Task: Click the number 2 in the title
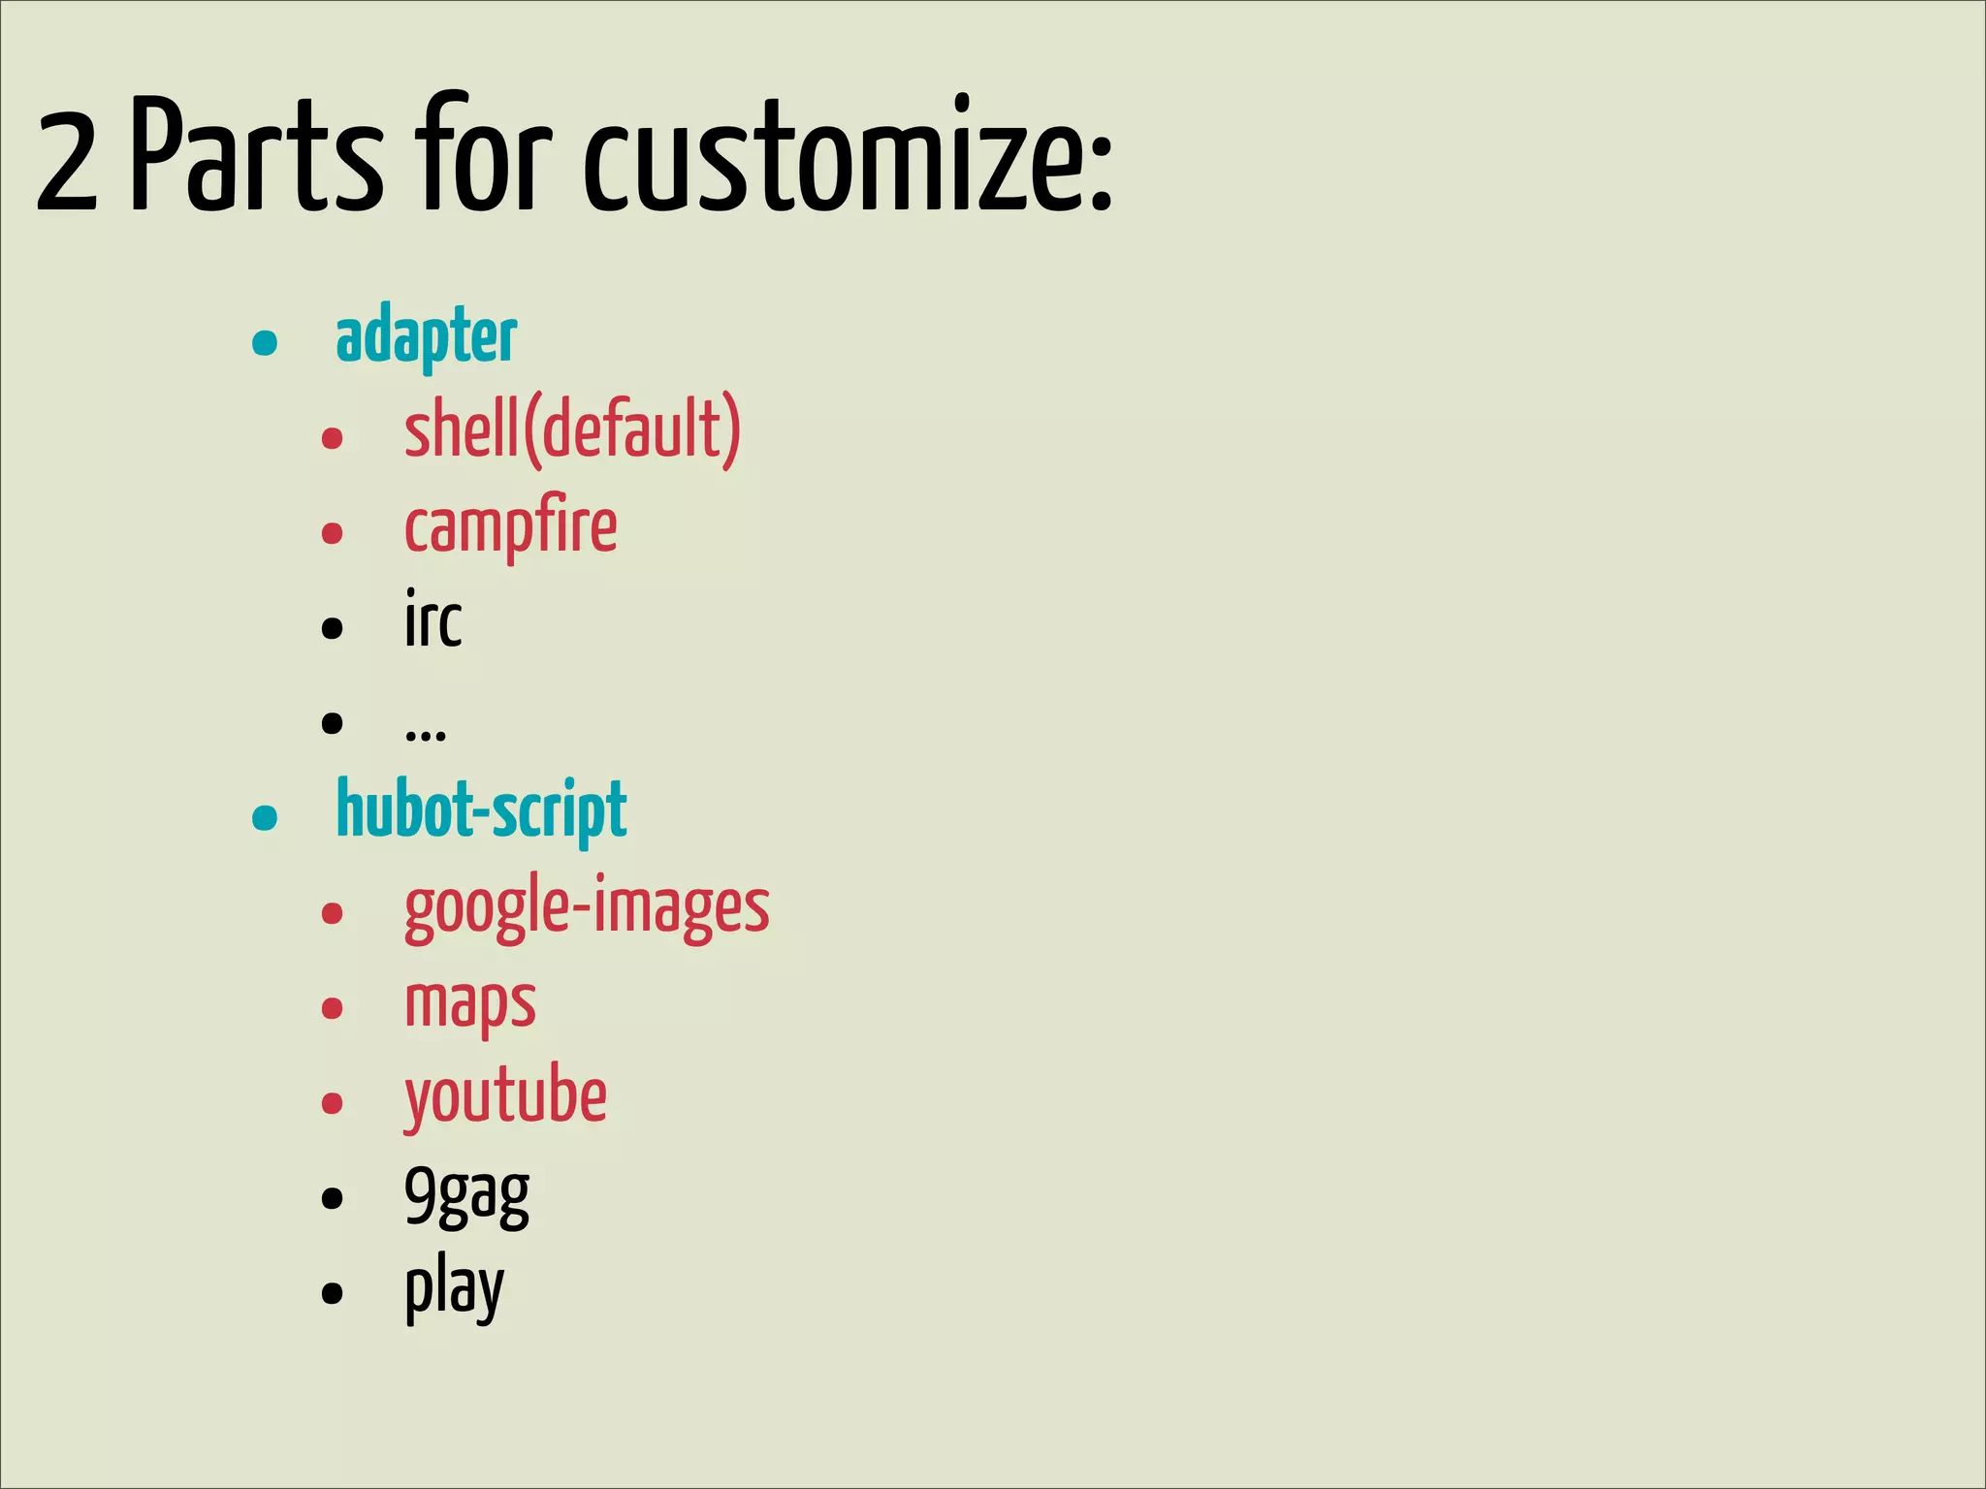pos(68,160)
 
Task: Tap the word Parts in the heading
pos(257,155)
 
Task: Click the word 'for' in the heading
pos(488,155)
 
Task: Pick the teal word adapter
pos(426,336)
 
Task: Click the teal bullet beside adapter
pos(265,342)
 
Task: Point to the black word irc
pos(432,620)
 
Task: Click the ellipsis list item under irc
pos(426,733)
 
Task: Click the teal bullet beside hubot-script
pos(265,817)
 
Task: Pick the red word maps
pos(469,1003)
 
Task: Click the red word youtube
pos(505,1097)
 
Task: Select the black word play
pos(454,1288)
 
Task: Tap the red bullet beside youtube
pos(333,1103)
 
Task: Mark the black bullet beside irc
pos(333,628)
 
